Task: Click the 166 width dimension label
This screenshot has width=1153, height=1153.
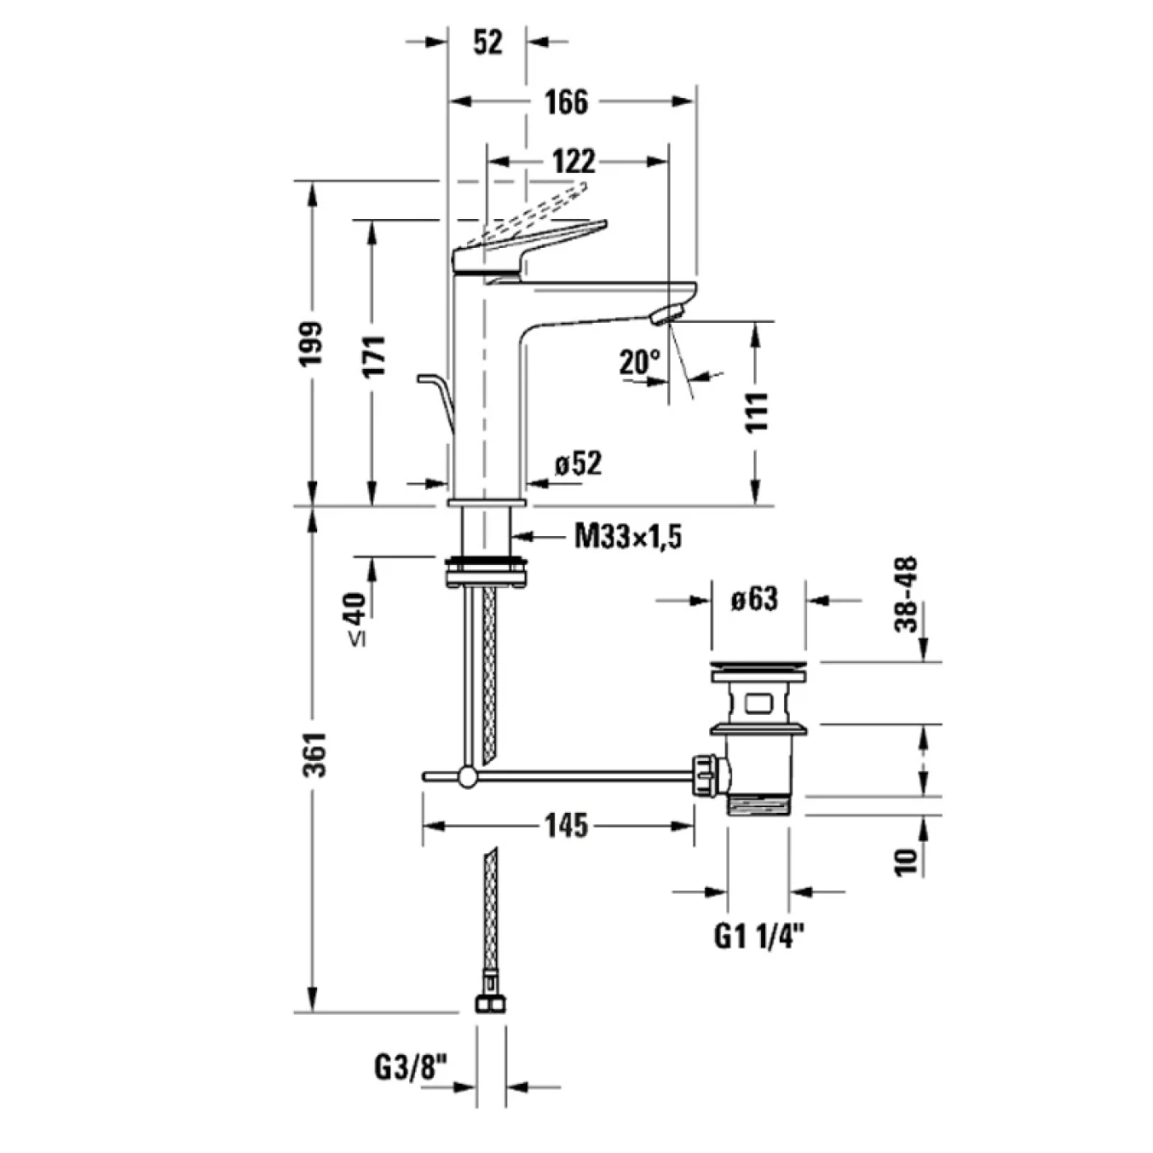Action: (567, 102)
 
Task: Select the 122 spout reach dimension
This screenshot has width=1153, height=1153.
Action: (573, 161)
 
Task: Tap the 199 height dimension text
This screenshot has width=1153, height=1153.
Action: (312, 344)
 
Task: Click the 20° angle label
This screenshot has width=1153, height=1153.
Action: (640, 362)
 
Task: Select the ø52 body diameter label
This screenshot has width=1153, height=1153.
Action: (578, 464)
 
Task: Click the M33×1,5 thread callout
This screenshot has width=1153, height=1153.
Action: (628, 537)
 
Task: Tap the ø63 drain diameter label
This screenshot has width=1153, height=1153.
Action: (754, 599)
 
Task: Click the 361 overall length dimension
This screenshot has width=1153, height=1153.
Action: (314, 754)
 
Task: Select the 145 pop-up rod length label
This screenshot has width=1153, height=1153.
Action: (566, 824)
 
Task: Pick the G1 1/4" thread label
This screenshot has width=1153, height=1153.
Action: (758, 936)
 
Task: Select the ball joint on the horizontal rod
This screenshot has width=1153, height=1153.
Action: (468, 776)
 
